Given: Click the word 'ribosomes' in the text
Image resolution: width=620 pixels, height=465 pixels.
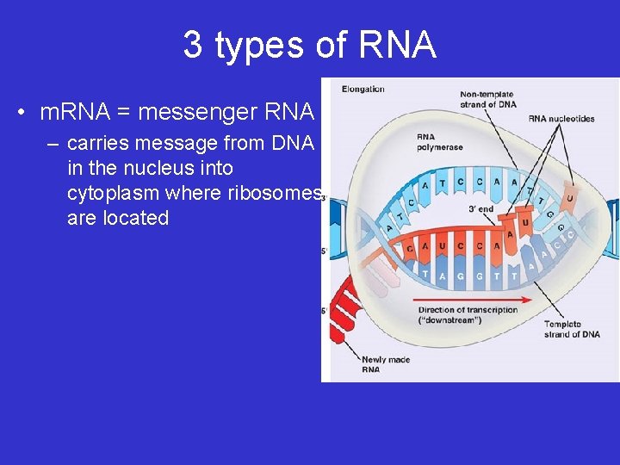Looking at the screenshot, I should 276,193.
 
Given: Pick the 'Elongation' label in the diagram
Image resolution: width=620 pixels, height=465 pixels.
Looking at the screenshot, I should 363,89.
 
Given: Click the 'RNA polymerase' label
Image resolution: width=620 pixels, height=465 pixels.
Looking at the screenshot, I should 437,141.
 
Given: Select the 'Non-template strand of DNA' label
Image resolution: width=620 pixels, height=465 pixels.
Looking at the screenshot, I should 488,99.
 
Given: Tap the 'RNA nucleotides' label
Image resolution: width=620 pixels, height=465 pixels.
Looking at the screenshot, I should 561,119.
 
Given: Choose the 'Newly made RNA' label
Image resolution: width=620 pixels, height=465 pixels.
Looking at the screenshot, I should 386,364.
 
